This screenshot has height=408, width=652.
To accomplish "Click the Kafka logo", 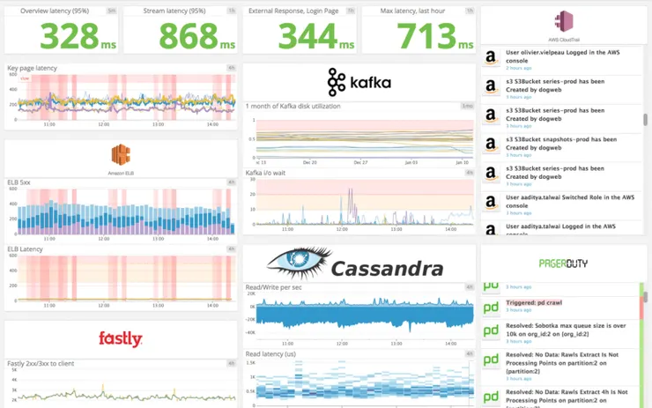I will pyautogui.click(x=359, y=82).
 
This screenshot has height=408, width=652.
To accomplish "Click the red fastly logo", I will pyautogui.click(x=121, y=338).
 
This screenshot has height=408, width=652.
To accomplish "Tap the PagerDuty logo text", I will pyautogui.click(x=563, y=263).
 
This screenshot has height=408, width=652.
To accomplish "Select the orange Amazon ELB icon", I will pyautogui.click(x=121, y=156).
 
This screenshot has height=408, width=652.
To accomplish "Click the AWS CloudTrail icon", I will pyautogui.click(x=565, y=22).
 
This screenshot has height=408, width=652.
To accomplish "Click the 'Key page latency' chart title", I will pyautogui.click(x=32, y=68).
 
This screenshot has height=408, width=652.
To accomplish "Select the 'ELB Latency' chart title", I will pyautogui.click(x=25, y=249).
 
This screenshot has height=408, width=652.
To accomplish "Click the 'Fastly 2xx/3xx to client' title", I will pyautogui.click(x=41, y=363).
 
